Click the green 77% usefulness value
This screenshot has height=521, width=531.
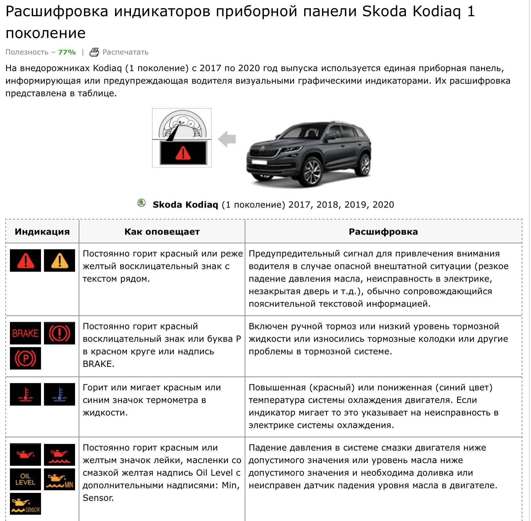(x=67, y=52)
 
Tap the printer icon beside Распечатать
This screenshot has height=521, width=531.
(x=94, y=52)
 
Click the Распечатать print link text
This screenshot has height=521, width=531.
(x=125, y=52)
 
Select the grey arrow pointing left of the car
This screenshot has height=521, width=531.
(x=227, y=139)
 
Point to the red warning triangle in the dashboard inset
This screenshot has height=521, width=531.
(x=183, y=153)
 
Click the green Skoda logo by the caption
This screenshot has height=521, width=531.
(x=142, y=203)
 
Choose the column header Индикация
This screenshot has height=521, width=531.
(x=42, y=232)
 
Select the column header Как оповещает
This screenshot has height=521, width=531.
(x=162, y=232)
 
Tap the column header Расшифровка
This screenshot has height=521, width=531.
(x=383, y=232)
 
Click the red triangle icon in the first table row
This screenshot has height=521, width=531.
(x=25, y=261)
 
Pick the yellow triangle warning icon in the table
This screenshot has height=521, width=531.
(x=60, y=261)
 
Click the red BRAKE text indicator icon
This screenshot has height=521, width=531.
(x=25, y=333)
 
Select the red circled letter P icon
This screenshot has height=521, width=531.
(x=25, y=358)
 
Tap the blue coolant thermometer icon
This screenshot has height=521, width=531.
(x=60, y=394)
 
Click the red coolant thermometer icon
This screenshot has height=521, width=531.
(x=25, y=394)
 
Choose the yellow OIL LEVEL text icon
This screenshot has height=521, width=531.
(x=25, y=479)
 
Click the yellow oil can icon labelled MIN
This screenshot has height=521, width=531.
(x=60, y=479)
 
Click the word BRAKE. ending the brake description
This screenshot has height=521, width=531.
(x=99, y=364)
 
